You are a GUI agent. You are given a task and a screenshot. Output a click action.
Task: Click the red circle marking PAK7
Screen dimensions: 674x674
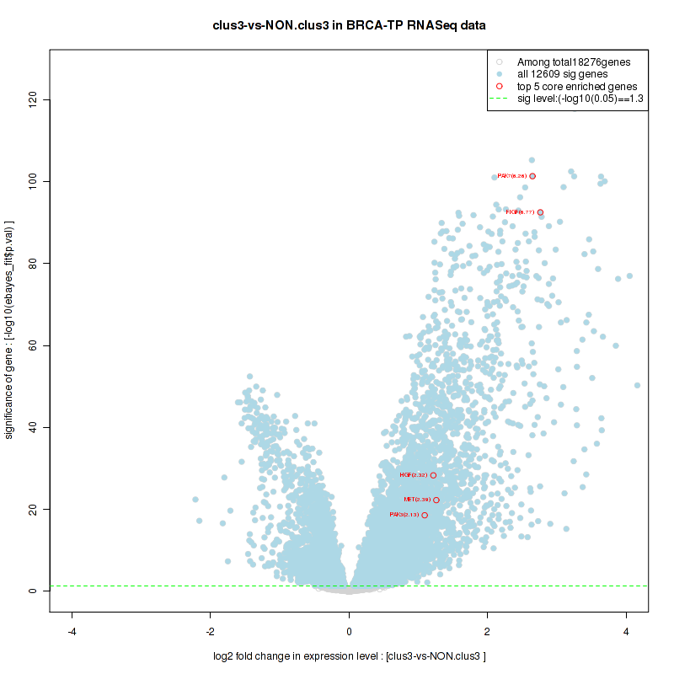(x=532, y=176)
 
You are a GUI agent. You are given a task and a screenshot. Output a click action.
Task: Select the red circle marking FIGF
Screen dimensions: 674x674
(x=540, y=212)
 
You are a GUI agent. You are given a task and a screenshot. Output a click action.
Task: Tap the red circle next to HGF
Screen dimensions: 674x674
(x=433, y=476)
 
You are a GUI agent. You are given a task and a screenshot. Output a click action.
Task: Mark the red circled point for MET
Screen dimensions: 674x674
(x=436, y=500)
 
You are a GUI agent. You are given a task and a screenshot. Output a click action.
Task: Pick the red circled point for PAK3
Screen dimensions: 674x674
(x=425, y=515)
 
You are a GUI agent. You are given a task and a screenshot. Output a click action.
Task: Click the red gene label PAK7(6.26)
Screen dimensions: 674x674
(x=512, y=176)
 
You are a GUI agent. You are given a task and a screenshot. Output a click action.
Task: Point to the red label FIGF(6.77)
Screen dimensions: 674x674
(x=520, y=212)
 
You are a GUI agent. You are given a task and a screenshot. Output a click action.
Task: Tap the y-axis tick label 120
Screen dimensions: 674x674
(x=33, y=100)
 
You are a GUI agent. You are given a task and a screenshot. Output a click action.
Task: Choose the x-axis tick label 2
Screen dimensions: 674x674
(x=487, y=631)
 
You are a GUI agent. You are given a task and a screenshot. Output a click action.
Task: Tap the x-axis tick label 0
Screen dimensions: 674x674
(x=349, y=631)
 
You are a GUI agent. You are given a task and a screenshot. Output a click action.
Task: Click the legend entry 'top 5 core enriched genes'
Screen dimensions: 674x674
(x=577, y=87)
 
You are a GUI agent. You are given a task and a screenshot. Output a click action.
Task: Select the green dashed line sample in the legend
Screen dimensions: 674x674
(x=500, y=99)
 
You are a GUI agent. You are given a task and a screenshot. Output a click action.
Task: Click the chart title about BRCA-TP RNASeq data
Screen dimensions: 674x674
(x=349, y=25)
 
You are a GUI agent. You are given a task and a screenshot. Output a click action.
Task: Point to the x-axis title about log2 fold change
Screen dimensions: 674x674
(x=349, y=656)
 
